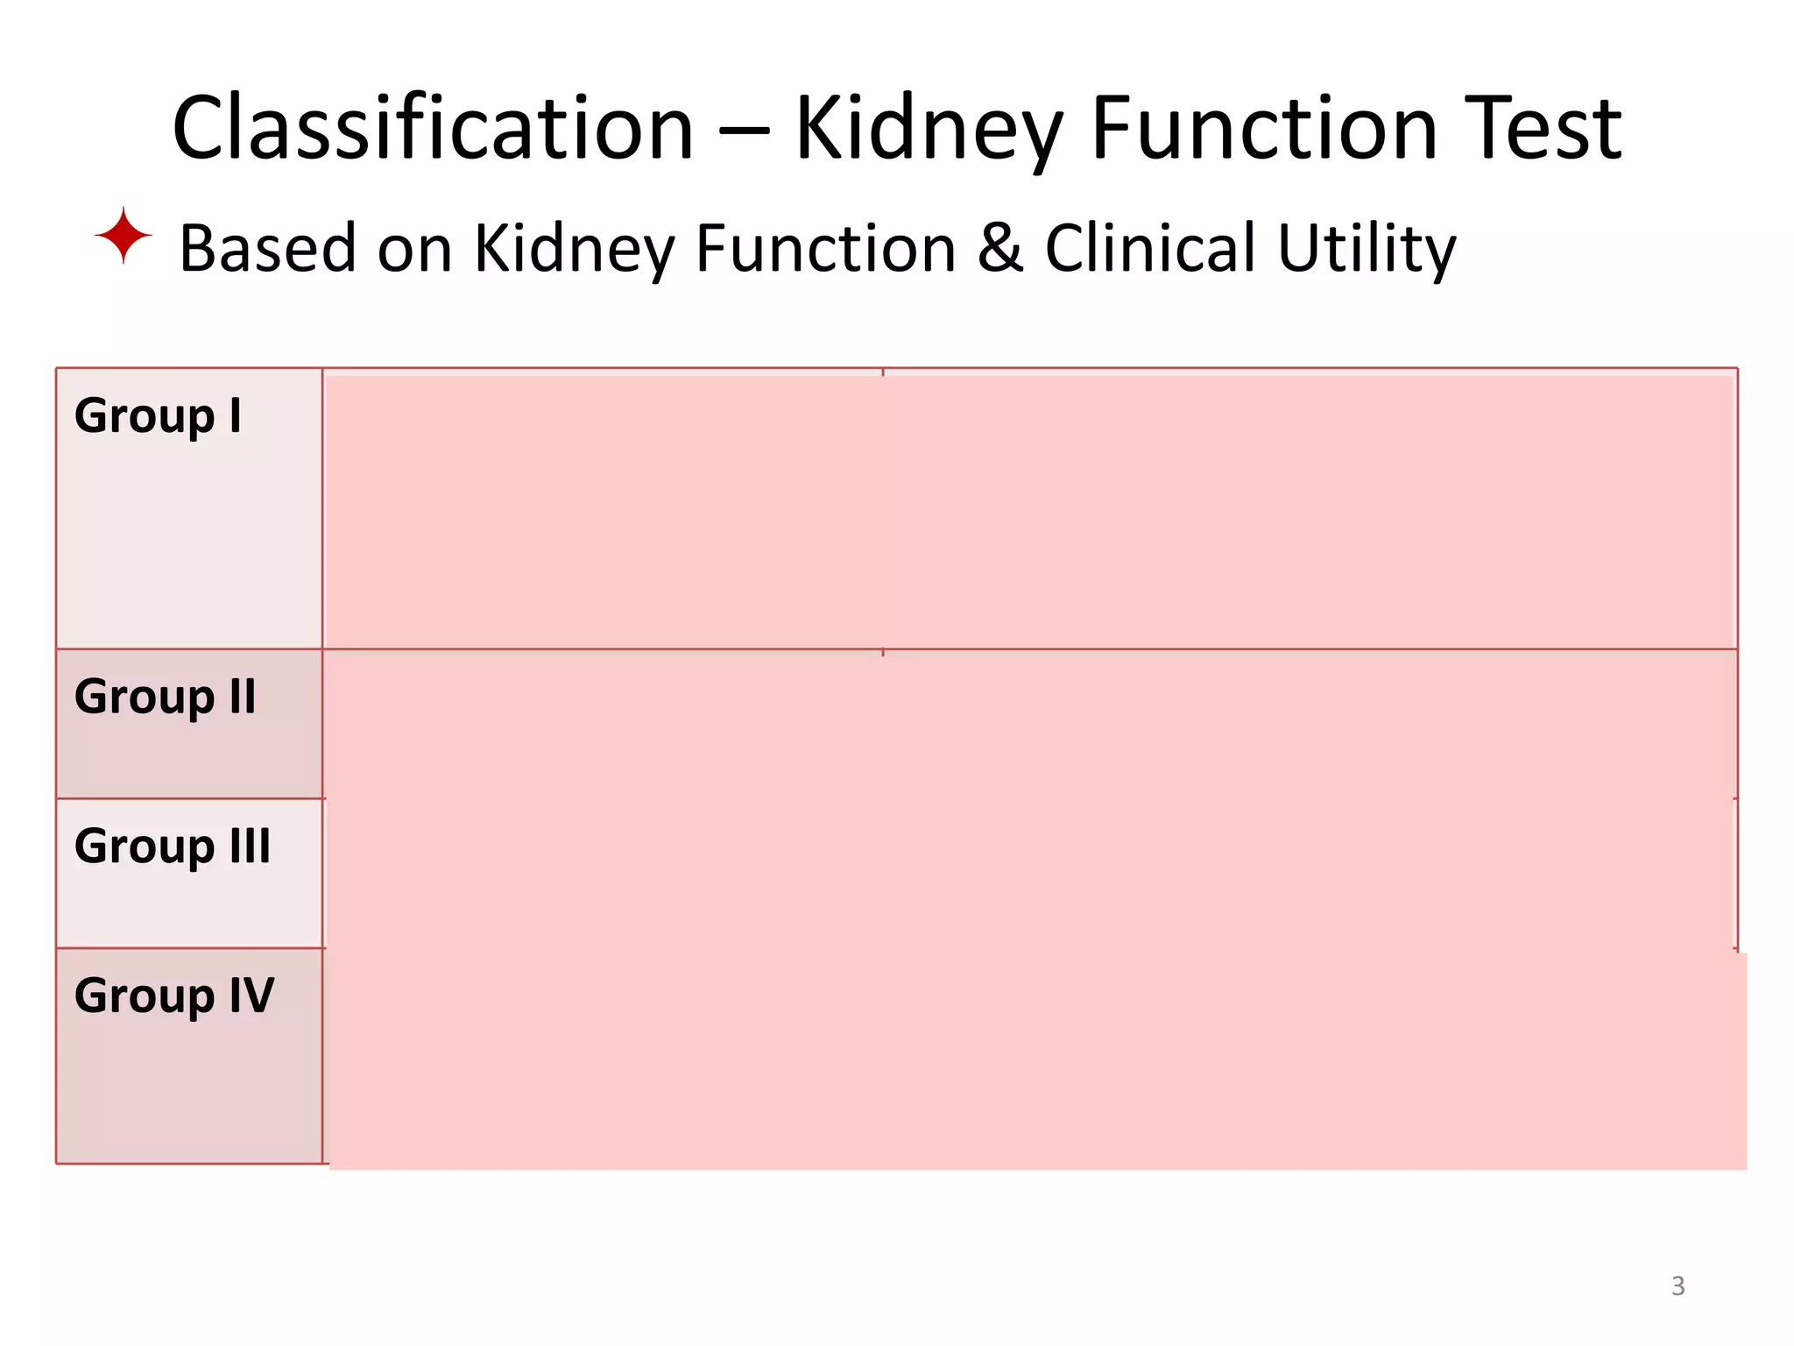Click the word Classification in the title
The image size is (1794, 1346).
point(433,129)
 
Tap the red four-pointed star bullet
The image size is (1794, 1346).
point(124,236)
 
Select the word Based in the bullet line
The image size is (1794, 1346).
point(267,248)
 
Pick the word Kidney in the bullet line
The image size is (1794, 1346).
point(574,250)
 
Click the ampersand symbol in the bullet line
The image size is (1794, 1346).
point(999,248)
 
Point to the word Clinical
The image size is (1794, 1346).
point(1150,248)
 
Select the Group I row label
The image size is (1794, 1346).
point(158,416)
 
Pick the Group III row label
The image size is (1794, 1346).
point(173,847)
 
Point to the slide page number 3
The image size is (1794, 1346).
point(1677,1286)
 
